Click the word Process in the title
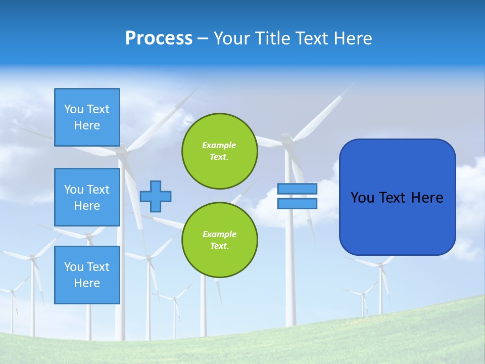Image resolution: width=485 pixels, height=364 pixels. click(x=159, y=38)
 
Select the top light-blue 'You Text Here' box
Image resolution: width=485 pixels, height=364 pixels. click(x=87, y=117)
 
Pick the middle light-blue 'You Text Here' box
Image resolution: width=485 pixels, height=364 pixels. click(x=87, y=197)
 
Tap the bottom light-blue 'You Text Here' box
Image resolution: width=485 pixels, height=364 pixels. click(x=87, y=275)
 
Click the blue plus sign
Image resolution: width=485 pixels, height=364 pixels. click(x=156, y=196)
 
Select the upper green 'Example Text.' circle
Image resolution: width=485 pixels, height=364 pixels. click(x=219, y=151)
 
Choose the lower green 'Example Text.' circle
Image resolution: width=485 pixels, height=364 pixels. click(x=219, y=240)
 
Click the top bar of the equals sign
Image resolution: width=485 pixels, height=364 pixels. click(x=297, y=189)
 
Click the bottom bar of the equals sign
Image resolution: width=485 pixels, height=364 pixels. click(x=297, y=204)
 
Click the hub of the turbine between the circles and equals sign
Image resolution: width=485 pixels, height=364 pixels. click(x=286, y=138)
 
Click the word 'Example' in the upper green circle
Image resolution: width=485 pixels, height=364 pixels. click(x=219, y=145)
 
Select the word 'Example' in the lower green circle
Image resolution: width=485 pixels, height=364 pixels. click(x=219, y=234)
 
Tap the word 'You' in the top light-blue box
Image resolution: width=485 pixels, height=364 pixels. click(x=74, y=109)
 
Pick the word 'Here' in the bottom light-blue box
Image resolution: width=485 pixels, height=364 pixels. click(x=87, y=283)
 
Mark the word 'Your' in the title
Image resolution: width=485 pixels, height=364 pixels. click(x=231, y=38)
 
